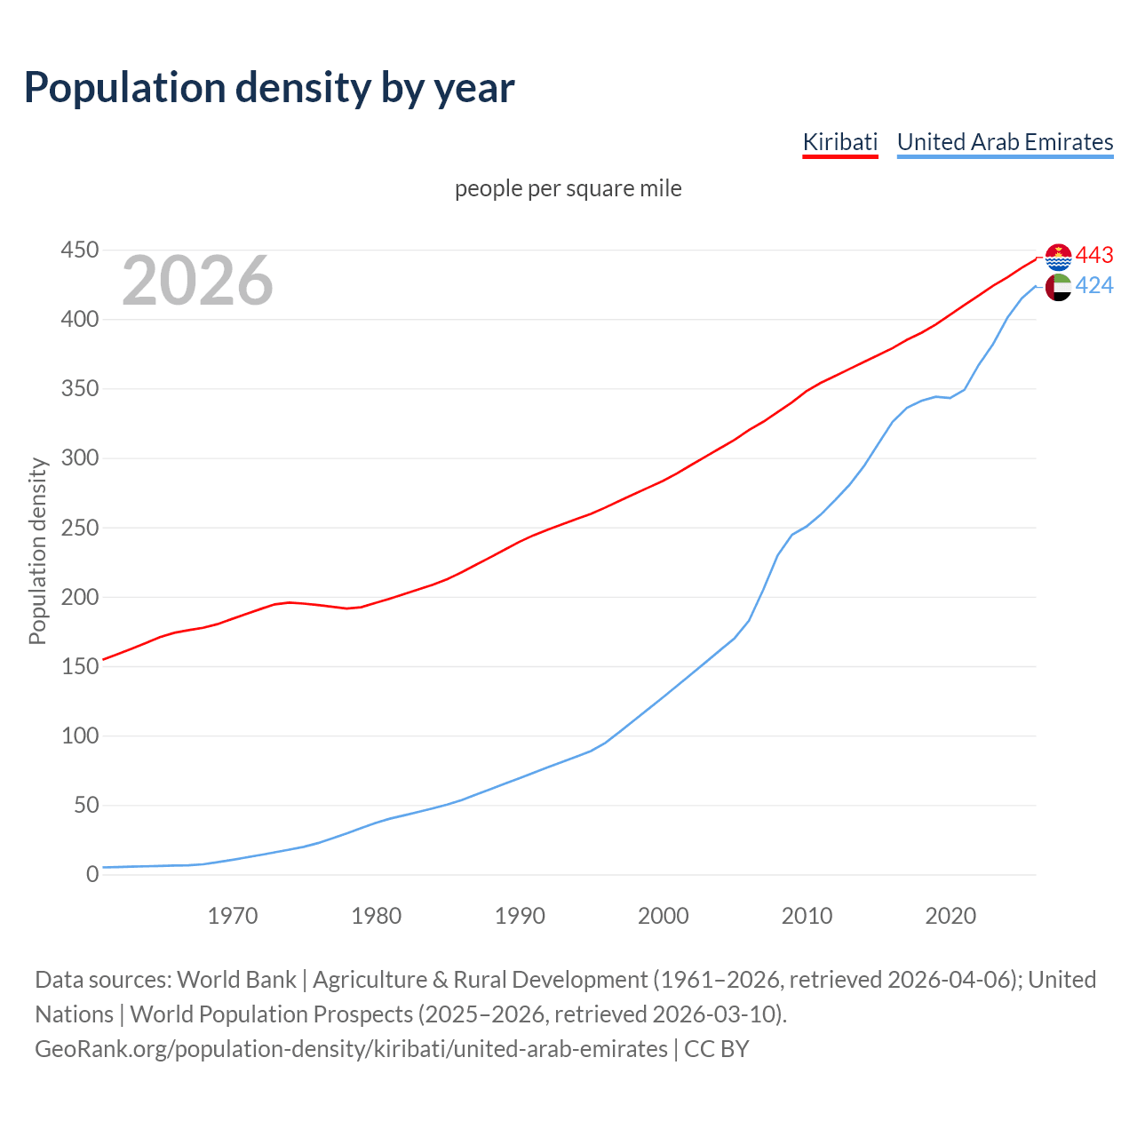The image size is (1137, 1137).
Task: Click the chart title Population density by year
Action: (269, 88)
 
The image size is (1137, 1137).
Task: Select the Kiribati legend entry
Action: (839, 142)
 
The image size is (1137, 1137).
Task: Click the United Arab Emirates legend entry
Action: (1005, 142)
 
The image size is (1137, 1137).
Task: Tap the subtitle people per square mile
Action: (568, 188)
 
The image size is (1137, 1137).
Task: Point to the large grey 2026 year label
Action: (197, 281)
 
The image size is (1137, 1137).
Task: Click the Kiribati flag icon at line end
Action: (1058, 257)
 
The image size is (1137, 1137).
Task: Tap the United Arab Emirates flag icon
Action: (1058, 287)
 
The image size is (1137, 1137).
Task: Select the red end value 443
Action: (1094, 256)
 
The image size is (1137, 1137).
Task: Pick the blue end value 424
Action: (1094, 285)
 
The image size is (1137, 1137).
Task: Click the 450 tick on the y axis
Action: (79, 250)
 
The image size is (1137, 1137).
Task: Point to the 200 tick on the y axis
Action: (79, 597)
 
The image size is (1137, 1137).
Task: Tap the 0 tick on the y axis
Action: (92, 875)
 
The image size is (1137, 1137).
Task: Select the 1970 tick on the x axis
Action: (233, 916)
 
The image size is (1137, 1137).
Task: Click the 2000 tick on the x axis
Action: (664, 916)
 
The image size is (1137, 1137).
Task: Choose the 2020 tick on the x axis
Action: (950, 916)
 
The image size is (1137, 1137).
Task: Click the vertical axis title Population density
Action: (37, 551)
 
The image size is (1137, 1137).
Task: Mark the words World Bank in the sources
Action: (236, 980)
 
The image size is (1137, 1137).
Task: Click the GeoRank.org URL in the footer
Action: (351, 1049)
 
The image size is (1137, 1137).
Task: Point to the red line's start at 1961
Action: (104, 659)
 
